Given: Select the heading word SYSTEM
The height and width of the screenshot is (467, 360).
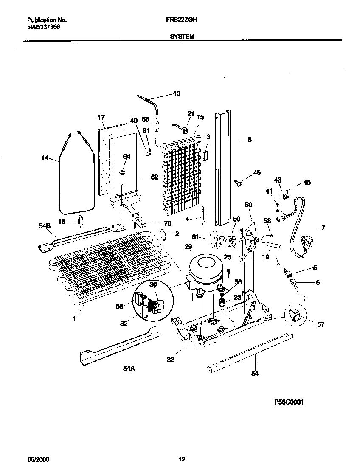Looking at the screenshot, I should click(x=182, y=37).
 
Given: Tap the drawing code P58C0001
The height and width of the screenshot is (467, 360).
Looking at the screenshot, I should click(x=287, y=402).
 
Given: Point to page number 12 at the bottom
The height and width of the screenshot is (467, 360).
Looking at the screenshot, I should click(x=182, y=459).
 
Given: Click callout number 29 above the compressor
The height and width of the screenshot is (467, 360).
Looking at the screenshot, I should click(x=188, y=247).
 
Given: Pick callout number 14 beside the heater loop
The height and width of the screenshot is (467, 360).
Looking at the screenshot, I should click(x=45, y=159).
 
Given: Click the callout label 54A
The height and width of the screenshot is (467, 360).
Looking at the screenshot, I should click(x=129, y=369).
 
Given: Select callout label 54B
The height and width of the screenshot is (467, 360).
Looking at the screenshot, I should click(x=45, y=226).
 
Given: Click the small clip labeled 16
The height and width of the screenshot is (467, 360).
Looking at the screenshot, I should click(x=81, y=219).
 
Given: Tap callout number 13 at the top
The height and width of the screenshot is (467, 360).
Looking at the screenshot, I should click(x=177, y=93).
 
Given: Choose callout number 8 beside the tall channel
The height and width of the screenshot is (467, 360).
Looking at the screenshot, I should click(x=249, y=139).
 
